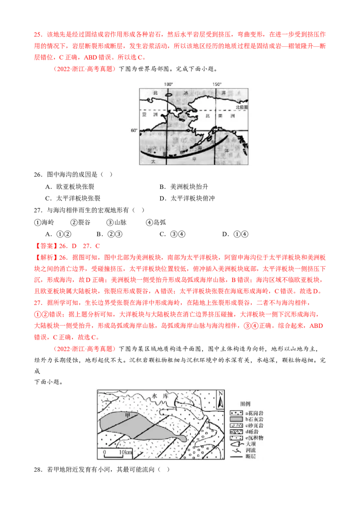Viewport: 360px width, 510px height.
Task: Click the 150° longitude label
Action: pyautogui.click(x=217, y=84)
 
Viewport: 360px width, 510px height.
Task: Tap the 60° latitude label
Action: pyautogui.click(x=134, y=130)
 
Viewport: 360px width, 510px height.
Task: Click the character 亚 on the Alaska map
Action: pyautogui.click(x=144, y=115)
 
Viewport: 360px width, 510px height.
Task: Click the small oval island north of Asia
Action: pyautogui.click(x=169, y=95)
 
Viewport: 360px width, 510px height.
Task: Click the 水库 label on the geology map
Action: pyautogui.click(x=160, y=396)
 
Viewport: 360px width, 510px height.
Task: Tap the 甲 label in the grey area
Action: pyautogui.click(x=127, y=415)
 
